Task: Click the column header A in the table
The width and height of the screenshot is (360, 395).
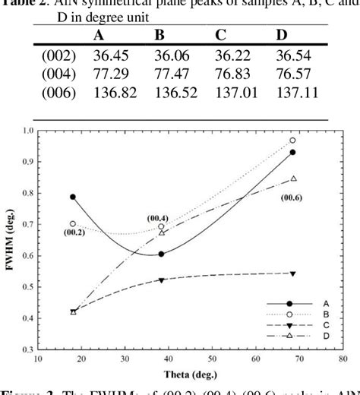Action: [99, 36]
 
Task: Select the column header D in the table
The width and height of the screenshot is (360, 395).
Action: [280, 36]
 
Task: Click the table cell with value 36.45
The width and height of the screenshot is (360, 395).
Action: [109, 57]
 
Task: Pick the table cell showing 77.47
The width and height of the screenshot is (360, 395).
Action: [172, 75]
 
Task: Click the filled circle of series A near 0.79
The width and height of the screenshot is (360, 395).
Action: [73, 197]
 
